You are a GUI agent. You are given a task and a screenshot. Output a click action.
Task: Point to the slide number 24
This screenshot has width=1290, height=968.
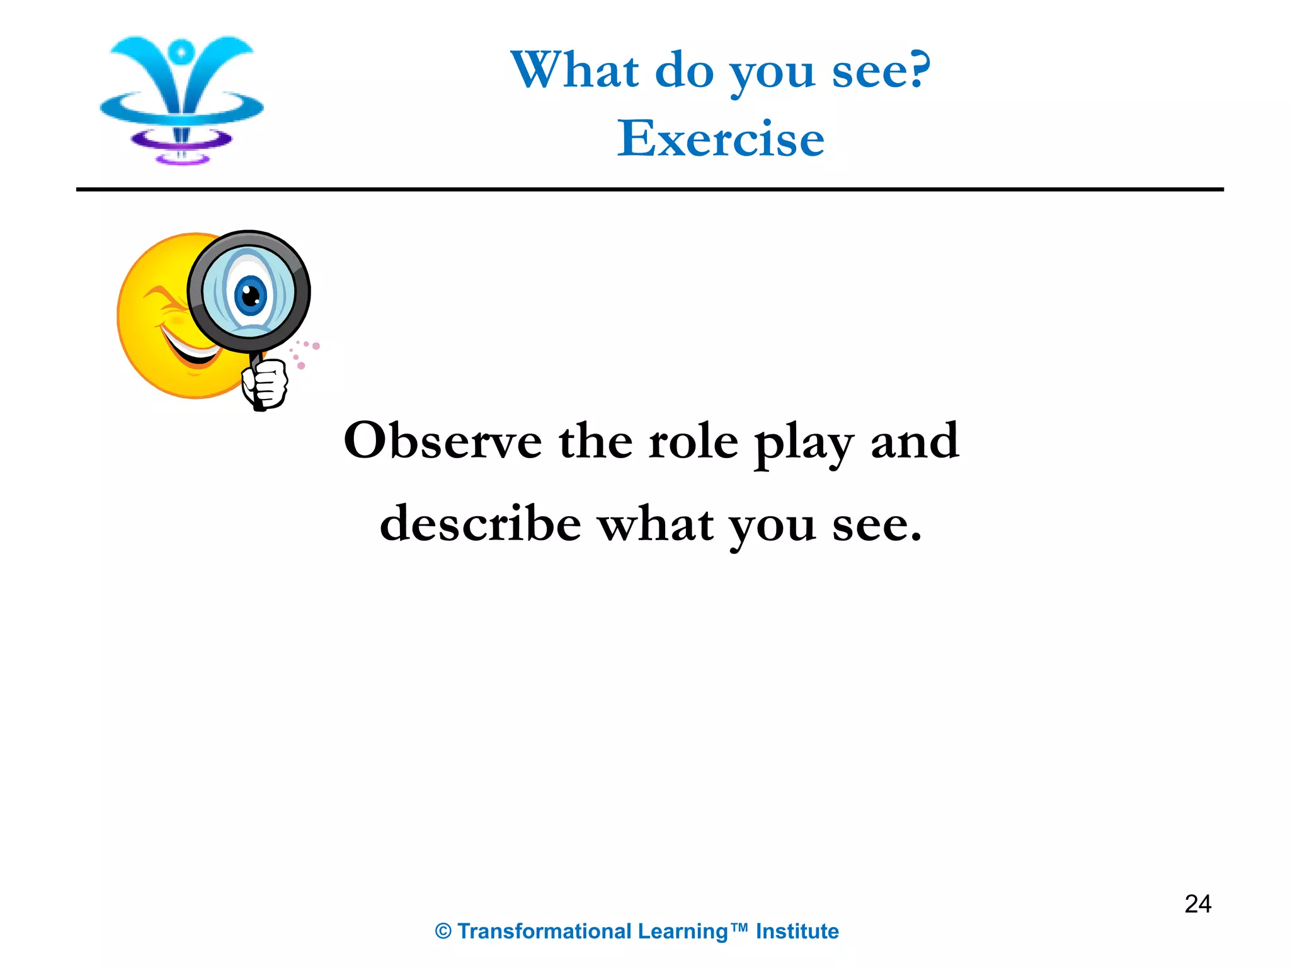[1197, 904]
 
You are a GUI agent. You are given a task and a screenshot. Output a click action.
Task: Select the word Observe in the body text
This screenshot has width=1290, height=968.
[442, 441]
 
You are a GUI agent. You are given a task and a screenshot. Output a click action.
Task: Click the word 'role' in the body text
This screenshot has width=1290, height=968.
[693, 441]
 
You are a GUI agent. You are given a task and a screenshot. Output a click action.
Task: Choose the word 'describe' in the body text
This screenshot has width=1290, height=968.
[480, 524]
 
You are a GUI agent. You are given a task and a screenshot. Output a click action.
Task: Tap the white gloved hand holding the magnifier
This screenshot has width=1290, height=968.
[265, 383]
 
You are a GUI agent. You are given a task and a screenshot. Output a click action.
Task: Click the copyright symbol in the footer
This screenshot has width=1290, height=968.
[443, 931]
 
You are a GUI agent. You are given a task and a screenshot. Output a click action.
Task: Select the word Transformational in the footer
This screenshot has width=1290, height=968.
[544, 931]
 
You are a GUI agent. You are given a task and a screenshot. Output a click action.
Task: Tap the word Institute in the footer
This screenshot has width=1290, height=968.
[797, 931]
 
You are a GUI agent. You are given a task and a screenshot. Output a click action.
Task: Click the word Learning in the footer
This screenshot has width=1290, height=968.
[682, 931]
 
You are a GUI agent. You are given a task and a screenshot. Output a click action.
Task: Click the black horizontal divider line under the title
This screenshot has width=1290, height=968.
[649, 189]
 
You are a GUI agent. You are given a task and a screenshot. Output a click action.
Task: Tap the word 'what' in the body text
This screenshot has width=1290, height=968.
[656, 524]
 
